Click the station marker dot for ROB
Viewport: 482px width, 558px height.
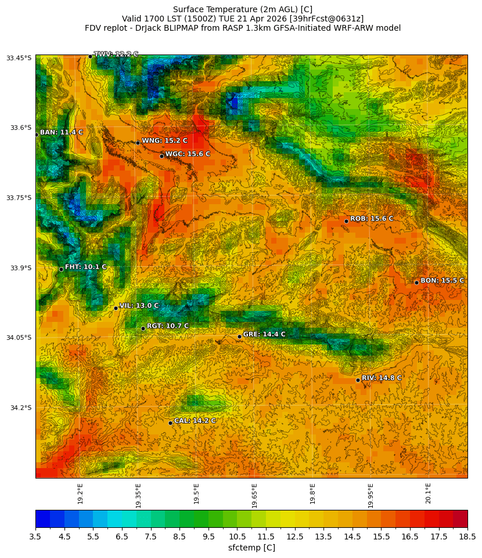point(346,221)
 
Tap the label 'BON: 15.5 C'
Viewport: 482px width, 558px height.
point(442,281)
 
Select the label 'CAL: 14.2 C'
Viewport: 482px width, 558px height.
point(195,421)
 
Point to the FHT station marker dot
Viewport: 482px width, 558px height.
point(61,269)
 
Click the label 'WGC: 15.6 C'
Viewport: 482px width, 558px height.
point(188,154)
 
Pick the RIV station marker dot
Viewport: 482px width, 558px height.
point(358,380)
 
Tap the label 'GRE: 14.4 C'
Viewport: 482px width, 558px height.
point(264,335)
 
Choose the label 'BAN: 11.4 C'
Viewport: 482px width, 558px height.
point(61,132)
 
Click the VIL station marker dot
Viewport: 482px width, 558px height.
point(116,308)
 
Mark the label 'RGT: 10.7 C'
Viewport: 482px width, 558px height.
point(168,326)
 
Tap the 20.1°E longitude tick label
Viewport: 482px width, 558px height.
point(429,493)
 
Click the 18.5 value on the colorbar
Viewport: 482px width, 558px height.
point(467,537)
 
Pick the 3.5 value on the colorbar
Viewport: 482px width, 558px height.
point(35,537)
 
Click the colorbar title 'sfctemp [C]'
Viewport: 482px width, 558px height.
point(251,548)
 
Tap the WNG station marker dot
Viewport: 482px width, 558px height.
point(138,143)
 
